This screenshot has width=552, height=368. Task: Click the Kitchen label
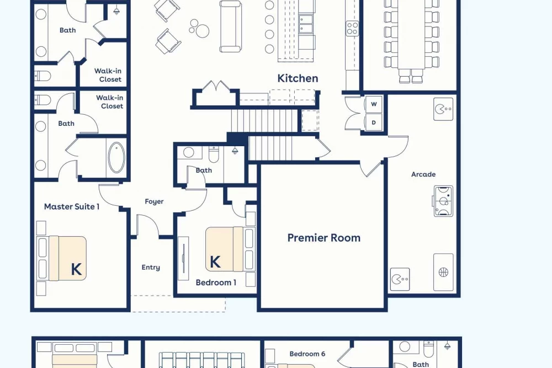coord(298,78)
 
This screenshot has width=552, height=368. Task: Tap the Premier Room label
coord(324,238)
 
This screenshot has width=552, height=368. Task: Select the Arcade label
coord(423,174)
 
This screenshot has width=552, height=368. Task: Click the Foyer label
coord(154,201)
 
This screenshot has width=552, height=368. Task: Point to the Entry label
coord(151,268)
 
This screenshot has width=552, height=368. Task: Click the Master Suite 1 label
coord(72,206)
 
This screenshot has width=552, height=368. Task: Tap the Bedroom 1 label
coord(216,282)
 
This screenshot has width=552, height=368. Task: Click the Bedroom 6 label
coord(307,354)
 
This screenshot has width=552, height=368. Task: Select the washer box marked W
coord(374,104)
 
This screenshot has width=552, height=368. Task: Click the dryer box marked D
coord(374,122)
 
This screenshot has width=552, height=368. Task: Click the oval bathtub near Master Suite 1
coord(116,157)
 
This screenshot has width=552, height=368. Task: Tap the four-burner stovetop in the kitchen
coord(352,29)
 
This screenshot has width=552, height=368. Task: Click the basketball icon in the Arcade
coord(443,272)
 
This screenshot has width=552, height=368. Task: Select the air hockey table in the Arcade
coord(443,201)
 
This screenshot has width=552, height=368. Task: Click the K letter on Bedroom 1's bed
coord(215,262)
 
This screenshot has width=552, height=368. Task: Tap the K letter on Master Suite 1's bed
coord(76,269)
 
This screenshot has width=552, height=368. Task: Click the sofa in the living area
coord(230,26)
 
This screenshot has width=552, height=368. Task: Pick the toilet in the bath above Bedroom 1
coord(214,153)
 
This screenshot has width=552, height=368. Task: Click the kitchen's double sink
coord(306,24)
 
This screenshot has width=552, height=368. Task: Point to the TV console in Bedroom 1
coord(183,258)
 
